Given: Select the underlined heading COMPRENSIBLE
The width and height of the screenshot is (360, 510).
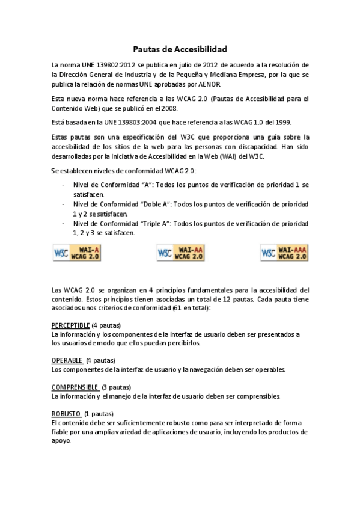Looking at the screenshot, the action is pos(75,387).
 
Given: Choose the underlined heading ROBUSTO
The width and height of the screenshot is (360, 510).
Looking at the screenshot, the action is pos(66,414).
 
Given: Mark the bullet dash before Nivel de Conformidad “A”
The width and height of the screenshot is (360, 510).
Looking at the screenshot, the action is pos(64,185).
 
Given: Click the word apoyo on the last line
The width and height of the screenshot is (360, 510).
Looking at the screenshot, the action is pos(61,441).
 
